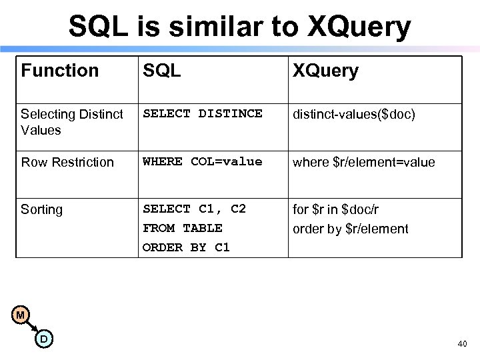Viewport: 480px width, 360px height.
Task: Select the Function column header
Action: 60,71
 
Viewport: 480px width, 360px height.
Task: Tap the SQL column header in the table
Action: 162,71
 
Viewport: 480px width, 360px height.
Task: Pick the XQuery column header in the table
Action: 326,71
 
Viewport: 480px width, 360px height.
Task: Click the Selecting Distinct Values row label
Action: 72,122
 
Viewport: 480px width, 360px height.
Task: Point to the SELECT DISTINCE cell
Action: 203,114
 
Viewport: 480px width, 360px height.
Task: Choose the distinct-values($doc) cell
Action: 354,114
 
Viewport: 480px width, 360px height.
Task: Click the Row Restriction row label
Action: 67,162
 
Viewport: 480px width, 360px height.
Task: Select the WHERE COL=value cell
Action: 203,162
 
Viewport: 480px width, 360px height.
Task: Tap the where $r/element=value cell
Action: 364,162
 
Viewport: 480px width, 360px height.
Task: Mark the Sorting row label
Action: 41,209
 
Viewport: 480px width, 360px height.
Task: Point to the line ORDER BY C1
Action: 186,247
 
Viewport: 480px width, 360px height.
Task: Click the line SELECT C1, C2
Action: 195,209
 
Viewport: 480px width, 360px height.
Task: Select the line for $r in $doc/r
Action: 336,209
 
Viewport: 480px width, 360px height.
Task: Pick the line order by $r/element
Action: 351,229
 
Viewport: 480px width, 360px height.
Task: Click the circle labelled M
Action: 21,314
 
